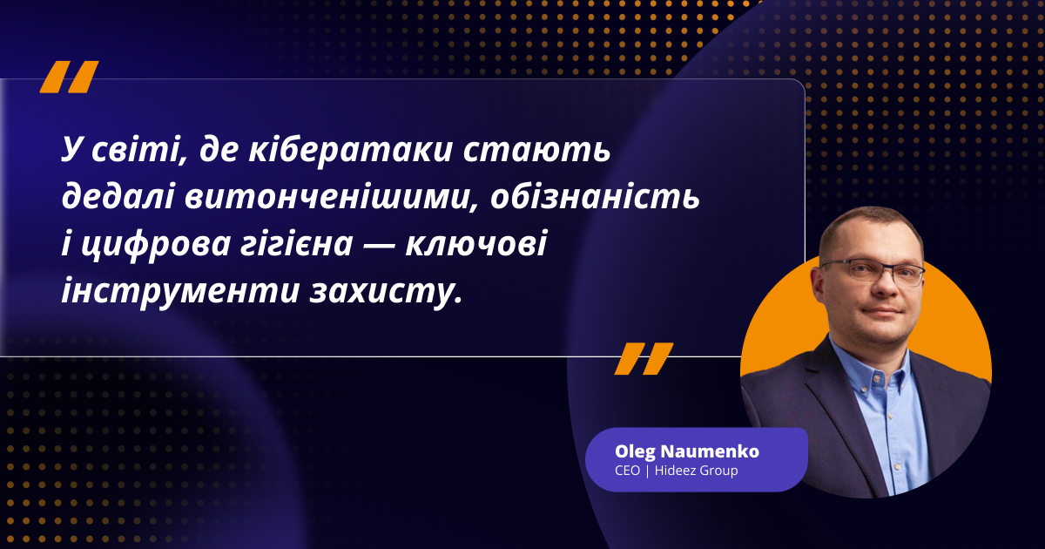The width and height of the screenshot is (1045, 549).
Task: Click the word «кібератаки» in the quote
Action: tap(350, 151)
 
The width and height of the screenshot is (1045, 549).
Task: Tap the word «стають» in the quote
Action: tap(537, 151)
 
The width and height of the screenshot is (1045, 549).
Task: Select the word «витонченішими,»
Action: tap(332, 197)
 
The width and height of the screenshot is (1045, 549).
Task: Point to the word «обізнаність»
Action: tap(595, 197)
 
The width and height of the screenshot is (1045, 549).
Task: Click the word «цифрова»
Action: tap(155, 245)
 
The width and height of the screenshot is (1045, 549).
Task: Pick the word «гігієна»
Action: tap(296, 244)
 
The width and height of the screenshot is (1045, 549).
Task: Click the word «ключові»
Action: tap(475, 244)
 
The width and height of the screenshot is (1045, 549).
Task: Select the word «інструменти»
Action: tap(180, 291)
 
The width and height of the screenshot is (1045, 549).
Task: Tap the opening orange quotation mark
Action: tap(69, 77)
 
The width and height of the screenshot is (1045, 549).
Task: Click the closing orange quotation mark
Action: tap(644, 358)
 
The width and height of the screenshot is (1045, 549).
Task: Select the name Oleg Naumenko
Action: tap(687, 451)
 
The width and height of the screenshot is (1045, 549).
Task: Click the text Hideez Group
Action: tap(696, 471)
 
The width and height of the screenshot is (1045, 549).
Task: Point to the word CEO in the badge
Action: tap(627, 471)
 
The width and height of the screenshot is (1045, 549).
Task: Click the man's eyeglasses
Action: tap(872, 273)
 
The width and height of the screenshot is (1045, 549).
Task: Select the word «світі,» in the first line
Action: tap(139, 151)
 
